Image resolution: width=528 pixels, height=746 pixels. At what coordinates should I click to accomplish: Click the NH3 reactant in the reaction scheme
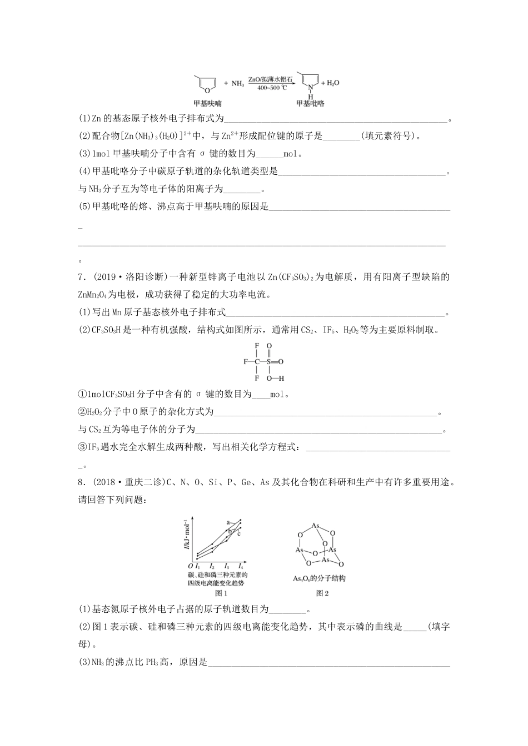point(237,84)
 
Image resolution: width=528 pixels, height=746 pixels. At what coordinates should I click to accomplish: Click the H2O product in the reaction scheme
point(332,83)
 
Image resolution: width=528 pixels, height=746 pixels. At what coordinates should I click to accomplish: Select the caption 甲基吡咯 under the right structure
point(310,103)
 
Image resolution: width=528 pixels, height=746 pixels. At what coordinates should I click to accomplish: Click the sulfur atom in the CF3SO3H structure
point(269,361)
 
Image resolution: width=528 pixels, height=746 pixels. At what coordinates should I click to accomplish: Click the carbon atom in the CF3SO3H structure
point(257,361)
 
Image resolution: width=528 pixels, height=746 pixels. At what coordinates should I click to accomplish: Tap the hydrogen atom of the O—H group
point(282,378)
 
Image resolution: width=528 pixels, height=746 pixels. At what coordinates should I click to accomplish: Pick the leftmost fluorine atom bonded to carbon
point(245,361)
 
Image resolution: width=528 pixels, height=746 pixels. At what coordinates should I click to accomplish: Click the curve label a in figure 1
point(228,522)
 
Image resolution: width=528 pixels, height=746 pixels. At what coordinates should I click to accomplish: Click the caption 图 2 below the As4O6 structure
point(322,593)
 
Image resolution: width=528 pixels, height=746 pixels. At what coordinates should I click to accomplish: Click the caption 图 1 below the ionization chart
point(214,593)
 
